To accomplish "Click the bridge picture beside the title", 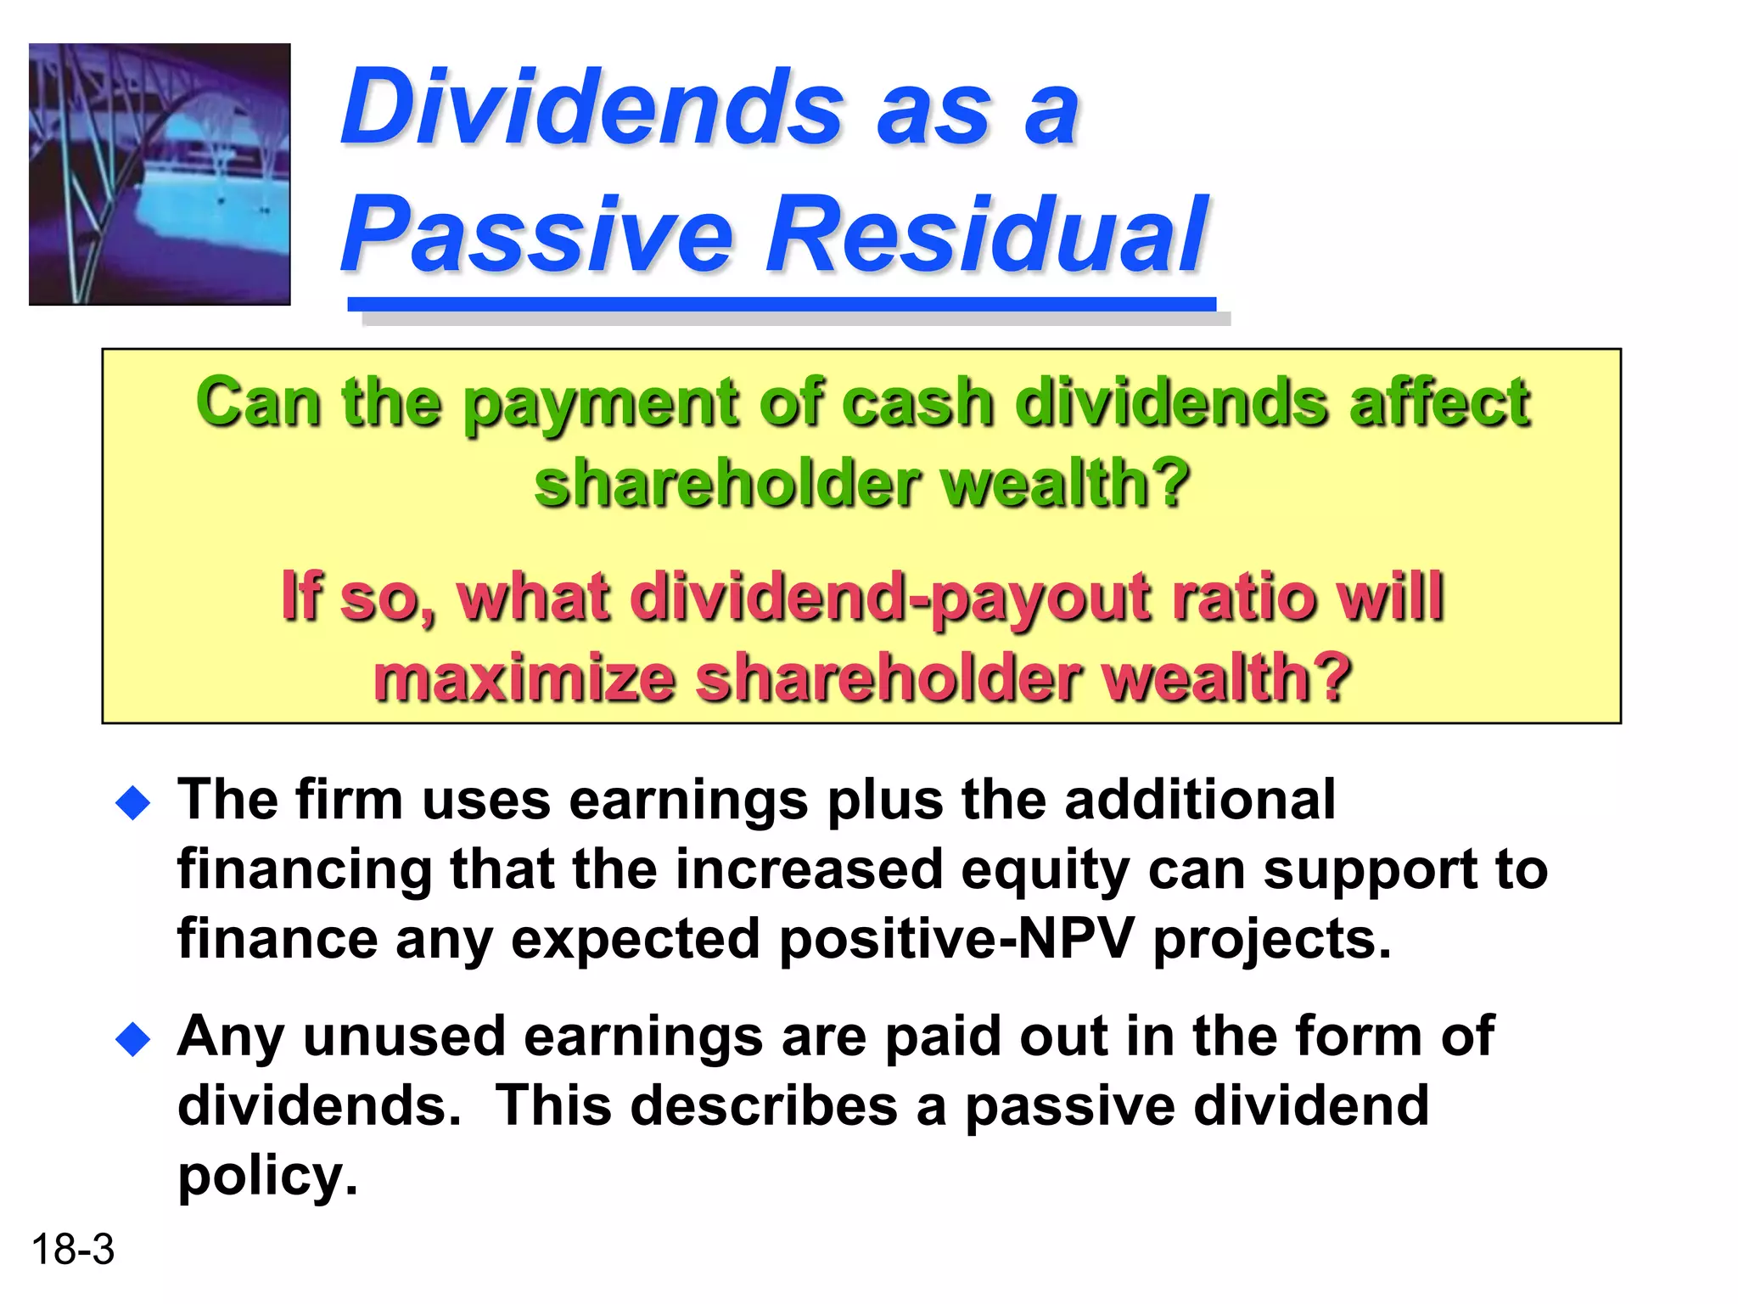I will pyautogui.click(x=160, y=174).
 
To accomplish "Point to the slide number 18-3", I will pyautogui.click(x=72, y=1250).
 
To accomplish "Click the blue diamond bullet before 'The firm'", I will pyautogui.click(x=133, y=802).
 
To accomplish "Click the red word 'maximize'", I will pyautogui.click(x=524, y=677).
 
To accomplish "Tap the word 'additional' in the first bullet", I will pyautogui.click(x=1199, y=800).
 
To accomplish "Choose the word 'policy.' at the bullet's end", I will pyautogui.click(x=267, y=1177).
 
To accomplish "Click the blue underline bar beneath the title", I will pyautogui.click(x=781, y=304).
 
